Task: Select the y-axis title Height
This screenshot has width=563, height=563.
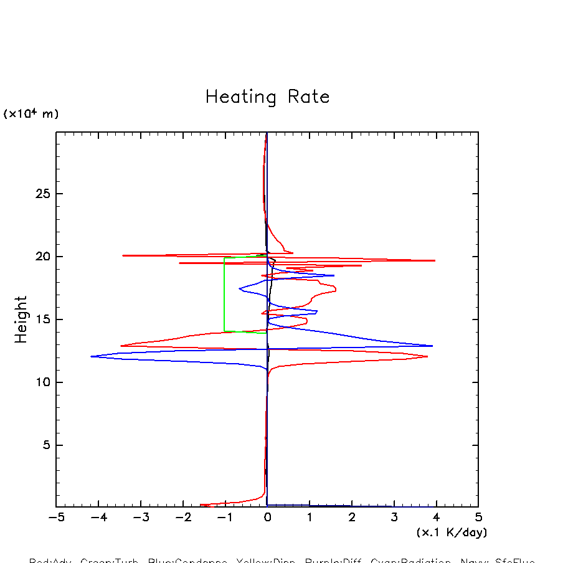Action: coord(21,319)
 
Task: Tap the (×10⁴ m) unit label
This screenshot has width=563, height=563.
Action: coord(31,114)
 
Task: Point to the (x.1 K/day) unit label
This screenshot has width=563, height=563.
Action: coord(452,532)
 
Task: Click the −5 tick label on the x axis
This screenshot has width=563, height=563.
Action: coord(56,518)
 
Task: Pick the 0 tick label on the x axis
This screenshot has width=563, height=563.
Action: coord(267,518)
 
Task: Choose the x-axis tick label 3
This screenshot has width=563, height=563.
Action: coord(394,518)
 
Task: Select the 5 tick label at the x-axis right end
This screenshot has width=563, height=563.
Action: coord(478,518)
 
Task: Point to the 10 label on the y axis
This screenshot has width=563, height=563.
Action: coord(41,382)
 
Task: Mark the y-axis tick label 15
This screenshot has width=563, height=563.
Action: coord(41,319)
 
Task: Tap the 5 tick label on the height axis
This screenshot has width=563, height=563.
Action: coord(44,445)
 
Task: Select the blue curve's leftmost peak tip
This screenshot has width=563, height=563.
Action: coord(92,356)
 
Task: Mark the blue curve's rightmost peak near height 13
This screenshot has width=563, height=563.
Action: coord(432,346)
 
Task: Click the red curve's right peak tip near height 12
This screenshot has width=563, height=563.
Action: coord(427,356)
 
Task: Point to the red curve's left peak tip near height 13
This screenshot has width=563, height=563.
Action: coord(121,346)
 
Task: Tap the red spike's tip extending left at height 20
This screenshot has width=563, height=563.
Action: coord(123,255)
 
